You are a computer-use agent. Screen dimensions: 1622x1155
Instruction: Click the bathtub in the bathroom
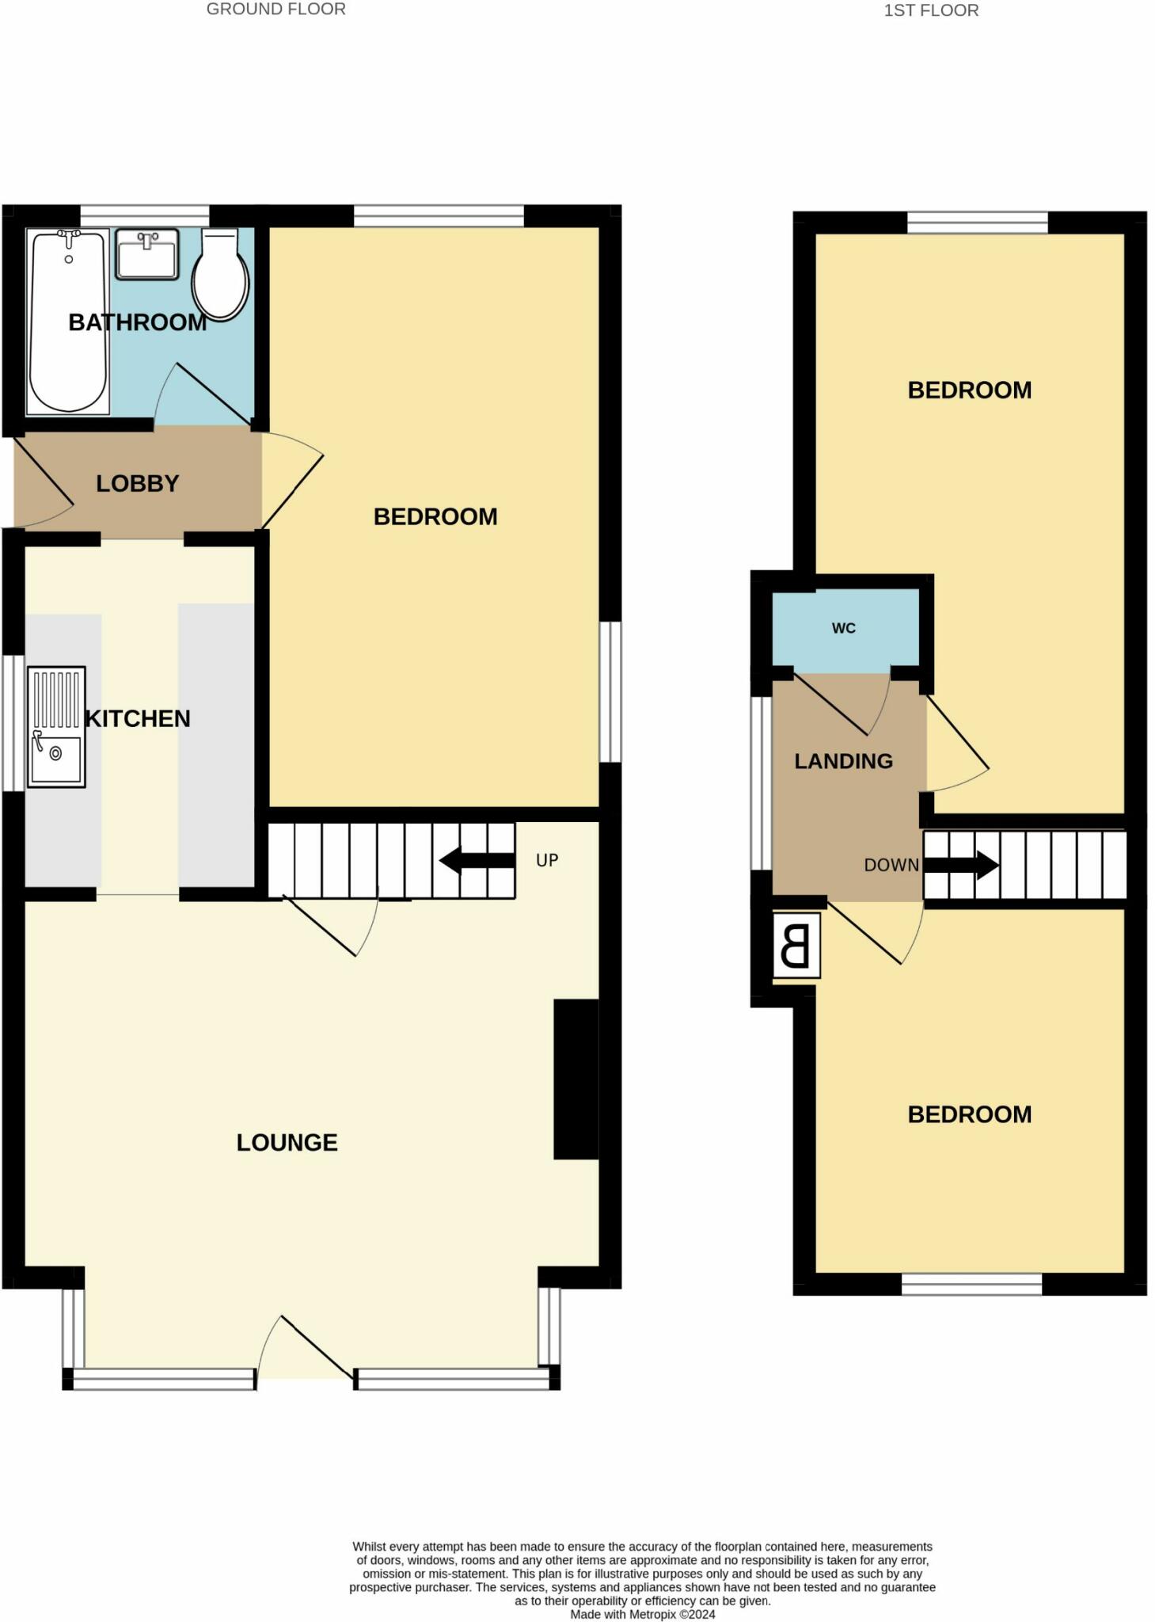(x=67, y=321)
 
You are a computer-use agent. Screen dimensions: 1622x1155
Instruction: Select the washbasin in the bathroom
(x=147, y=254)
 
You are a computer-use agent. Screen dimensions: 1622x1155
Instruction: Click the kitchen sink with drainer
(x=56, y=726)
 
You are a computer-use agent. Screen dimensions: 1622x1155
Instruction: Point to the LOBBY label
(x=138, y=483)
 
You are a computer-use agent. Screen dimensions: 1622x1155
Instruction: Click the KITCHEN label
(x=138, y=718)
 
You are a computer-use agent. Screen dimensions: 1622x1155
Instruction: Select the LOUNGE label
(x=287, y=1142)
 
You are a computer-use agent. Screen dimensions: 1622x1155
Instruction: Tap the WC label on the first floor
(x=844, y=628)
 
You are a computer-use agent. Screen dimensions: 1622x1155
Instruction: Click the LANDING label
(x=844, y=761)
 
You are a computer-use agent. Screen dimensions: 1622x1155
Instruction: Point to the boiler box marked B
(x=796, y=946)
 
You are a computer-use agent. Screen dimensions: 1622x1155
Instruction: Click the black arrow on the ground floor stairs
(x=477, y=861)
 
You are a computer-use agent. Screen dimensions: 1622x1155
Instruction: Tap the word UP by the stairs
(x=547, y=860)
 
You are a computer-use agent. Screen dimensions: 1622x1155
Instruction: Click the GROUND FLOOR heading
(x=275, y=10)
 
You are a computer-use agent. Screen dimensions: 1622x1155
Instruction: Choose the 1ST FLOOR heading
(x=931, y=10)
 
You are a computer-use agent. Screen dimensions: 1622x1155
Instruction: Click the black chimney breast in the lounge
(x=576, y=1079)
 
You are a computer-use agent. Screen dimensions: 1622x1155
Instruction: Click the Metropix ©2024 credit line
(x=643, y=1614)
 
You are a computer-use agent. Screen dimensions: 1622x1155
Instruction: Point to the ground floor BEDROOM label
(x=435, y=516)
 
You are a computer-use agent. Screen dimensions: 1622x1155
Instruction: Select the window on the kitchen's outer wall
(x=13, y=722)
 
